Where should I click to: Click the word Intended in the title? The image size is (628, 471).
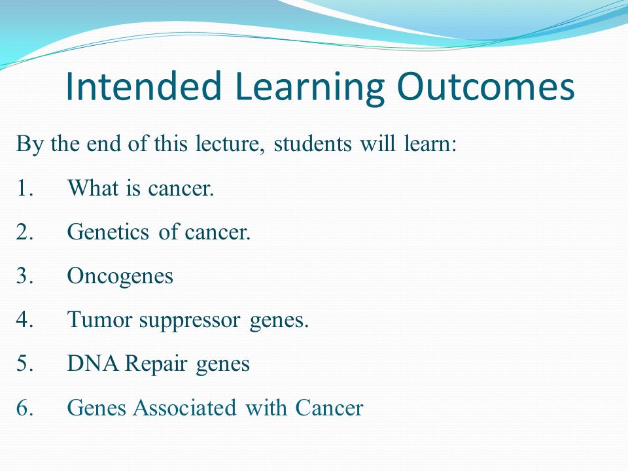pos(143,86)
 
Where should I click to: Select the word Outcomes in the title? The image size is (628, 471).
pos(486,86)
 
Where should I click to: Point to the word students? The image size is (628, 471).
pos(313,143)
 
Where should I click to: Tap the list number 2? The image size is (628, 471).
pos(24,232)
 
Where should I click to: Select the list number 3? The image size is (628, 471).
pos(24,275)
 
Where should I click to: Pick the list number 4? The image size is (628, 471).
pos(24,320)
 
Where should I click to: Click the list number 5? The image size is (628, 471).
pos(24,364)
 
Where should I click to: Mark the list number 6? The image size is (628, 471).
pos(24,408)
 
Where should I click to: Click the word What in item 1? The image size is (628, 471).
pos(94,188)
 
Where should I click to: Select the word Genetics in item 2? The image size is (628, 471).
pos(108,232)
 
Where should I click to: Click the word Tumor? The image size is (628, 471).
pos(99,320)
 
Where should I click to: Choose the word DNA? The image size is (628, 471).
pos(93,364)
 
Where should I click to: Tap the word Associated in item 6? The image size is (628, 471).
pos(184,408)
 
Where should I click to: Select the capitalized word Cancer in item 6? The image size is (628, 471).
pos(329,408)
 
